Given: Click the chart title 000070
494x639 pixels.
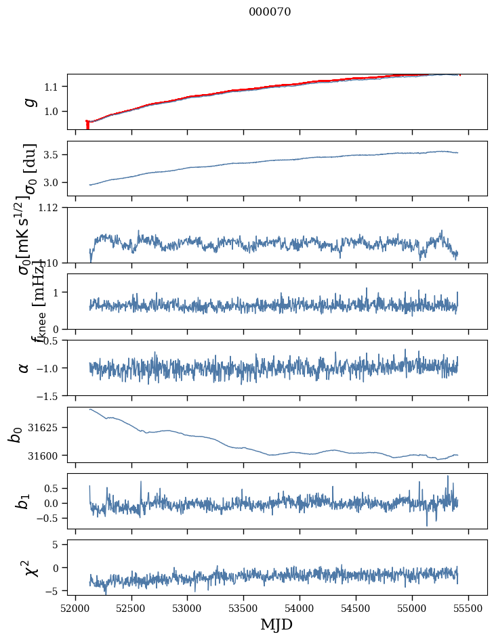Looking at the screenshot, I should [x=270, y=12].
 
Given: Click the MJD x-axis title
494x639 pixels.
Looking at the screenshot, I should [x=276, y=624].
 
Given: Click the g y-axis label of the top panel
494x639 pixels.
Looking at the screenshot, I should [x=28, y=102].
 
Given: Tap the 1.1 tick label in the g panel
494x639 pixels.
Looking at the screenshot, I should [x=53, y=87].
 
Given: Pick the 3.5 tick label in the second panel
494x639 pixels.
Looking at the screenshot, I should [x=53, y=155].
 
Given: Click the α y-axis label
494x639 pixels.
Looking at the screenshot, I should [x=24, y=368].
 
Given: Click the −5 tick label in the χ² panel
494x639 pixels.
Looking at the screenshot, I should [x=53, y=591].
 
